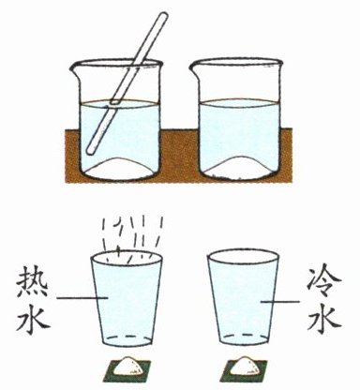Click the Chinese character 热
[x=32, y=283]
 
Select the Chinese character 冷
[x=323, y=284]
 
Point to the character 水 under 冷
[x=323, y=320]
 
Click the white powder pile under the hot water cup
[x=128, y=366]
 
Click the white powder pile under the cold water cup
[x=246, y=366]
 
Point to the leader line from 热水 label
[x=82, y=298]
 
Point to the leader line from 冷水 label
[x=280, y=302]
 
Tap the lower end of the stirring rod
[x=90, y=151]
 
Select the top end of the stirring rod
[x=163, y=16]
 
